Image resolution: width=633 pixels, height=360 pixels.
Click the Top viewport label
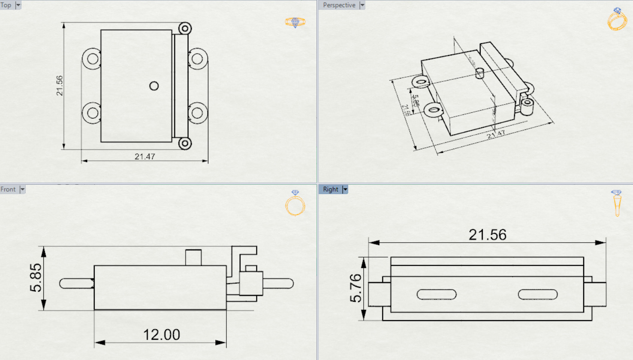point(6,5)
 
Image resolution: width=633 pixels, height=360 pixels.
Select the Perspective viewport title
point(339,5)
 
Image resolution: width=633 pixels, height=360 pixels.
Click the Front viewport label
point(8,189)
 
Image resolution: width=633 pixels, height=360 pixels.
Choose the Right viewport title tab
point(330,189)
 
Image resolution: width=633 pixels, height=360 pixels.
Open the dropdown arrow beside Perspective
point(362,5)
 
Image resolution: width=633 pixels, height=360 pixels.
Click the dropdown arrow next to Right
point(345,189)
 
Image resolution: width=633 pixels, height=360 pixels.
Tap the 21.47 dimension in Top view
point(145,156)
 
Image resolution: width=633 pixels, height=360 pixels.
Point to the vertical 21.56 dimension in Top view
point(60,86)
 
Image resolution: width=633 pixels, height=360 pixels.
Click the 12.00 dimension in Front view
point(161,335)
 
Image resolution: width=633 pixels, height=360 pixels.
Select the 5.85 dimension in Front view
point(36,278)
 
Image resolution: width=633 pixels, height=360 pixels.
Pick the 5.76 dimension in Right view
point(356,288)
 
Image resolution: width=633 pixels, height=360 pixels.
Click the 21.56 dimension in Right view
point(487,235)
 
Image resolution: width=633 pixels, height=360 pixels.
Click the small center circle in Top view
point(154,86)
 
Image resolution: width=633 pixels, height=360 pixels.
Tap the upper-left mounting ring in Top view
point(92,59)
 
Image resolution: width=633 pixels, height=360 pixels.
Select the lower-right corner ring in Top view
point(185,143)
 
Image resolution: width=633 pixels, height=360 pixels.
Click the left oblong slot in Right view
point(437,294)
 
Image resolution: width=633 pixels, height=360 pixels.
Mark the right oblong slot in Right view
point(537,294)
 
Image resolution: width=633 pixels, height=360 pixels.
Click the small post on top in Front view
point(193,258)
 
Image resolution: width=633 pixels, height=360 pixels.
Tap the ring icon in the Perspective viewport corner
point(617,20)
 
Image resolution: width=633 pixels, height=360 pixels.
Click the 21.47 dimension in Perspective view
point(496,135)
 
